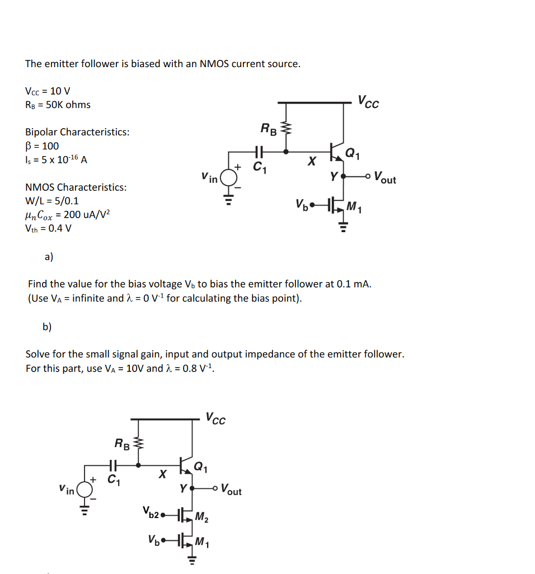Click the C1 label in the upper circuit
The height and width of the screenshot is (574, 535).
(259, 166)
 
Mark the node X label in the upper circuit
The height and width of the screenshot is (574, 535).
(312, 161)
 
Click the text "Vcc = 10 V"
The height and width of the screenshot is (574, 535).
(48, 91)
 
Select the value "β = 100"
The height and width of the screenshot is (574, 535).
(42, 146)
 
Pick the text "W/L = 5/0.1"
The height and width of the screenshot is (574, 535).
(52, 201)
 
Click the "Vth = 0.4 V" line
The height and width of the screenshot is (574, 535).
(49, 228)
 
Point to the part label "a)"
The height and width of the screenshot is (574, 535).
(49, 257)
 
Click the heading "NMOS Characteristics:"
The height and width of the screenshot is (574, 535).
(76, 187)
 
